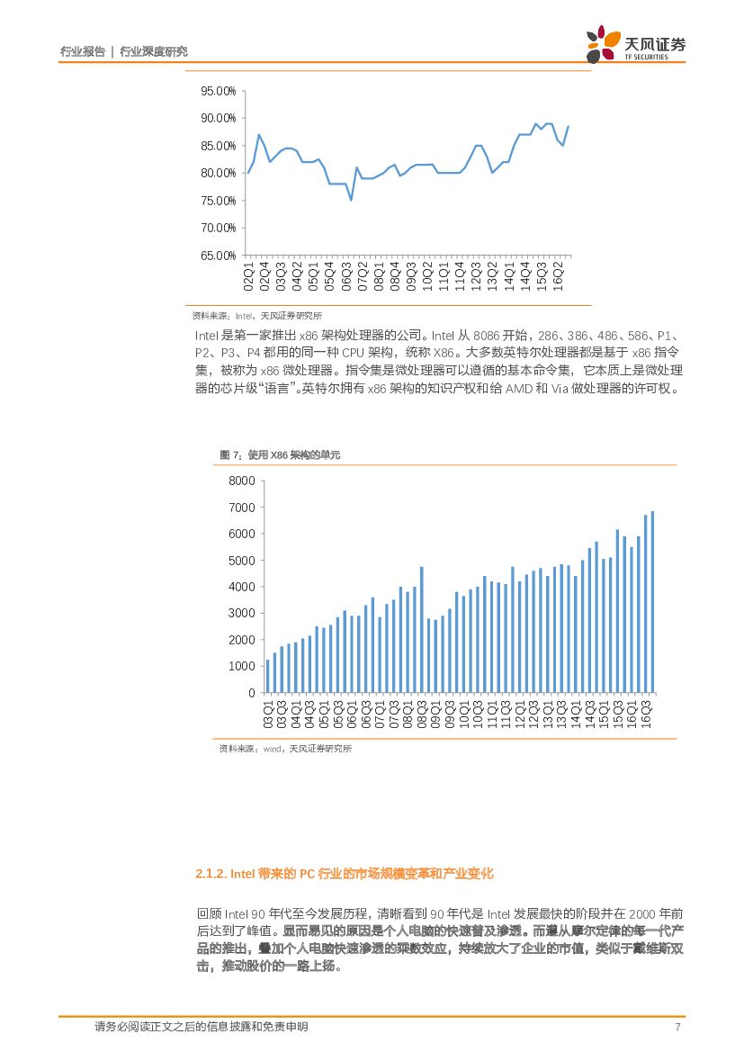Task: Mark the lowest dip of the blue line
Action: [x=351, y=199]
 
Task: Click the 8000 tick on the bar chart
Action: [x=243, y=481]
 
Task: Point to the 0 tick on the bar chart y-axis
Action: [x=252, y=693]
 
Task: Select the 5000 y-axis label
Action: [x=243, y=560]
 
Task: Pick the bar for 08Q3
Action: [x=421, y=629]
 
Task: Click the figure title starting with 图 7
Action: [x=281, y=456]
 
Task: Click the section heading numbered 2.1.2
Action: [x=344, y=874]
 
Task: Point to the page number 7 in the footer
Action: [x=677, y=1028]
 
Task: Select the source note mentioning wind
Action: [x=285, y=748]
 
